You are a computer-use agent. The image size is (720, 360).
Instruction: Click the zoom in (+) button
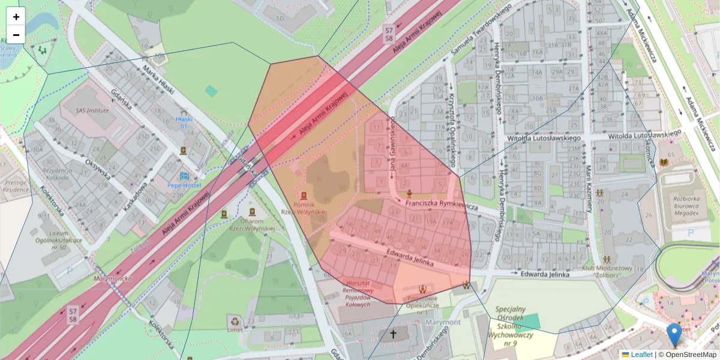(x=16, y=17)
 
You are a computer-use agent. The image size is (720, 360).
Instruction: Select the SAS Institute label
(x=92, y=110)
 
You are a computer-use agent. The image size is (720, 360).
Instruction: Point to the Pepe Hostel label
(x=184, y=185)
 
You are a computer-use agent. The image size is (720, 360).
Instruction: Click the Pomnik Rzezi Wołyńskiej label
(x=304, y=208)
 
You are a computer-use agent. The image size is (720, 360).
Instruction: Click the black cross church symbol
(x=394, y=334)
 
